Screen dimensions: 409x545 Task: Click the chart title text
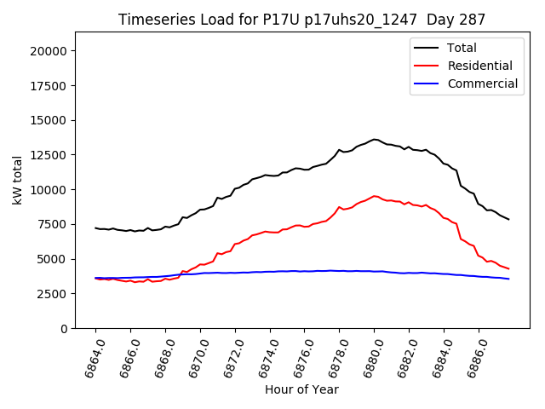301,20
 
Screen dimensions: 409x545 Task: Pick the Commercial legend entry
482,84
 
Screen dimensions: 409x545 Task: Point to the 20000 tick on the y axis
49,51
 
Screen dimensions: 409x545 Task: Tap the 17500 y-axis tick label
49,85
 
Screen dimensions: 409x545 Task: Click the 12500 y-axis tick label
49,155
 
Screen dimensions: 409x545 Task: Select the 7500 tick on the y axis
52,224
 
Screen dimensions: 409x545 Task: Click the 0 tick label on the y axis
64,328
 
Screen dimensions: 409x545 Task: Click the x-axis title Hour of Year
301,389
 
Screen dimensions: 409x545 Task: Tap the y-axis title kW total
18,180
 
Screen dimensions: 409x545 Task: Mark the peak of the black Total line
375,139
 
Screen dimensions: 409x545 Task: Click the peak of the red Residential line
375,196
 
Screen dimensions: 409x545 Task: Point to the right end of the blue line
508,279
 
